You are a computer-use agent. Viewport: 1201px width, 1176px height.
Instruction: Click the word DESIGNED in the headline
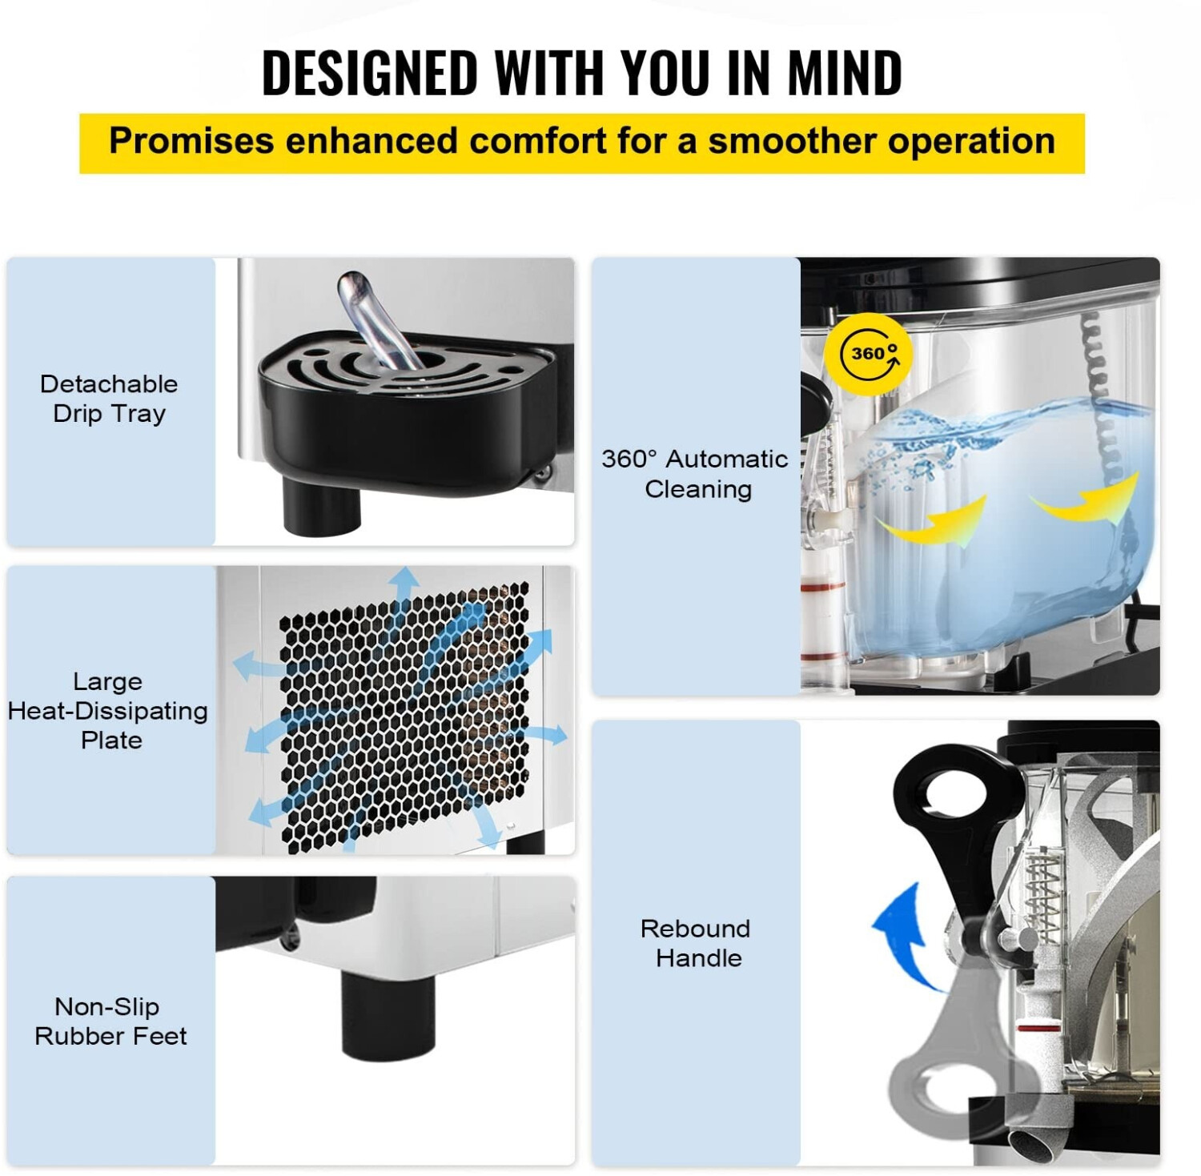point(369,73)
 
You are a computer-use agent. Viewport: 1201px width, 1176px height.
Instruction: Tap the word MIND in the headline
point(845,73)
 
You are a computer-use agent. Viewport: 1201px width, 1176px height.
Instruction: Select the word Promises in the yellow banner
point(191,142)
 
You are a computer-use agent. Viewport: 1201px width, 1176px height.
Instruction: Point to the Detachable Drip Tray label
point(109,399)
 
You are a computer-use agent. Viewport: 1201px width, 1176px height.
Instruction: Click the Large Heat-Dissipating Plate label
point(108,710)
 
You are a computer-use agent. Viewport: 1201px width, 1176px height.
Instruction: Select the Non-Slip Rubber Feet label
point(110,1021)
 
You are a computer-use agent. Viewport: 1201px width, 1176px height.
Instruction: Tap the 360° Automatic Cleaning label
point(695,473)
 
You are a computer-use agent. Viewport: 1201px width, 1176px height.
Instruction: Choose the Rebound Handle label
point(696,943)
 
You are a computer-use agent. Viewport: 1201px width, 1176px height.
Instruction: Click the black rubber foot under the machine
point(388,1012)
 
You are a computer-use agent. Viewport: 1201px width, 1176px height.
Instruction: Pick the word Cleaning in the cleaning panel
point(698,489)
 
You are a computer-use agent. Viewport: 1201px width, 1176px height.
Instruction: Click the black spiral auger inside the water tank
point(1097,376)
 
